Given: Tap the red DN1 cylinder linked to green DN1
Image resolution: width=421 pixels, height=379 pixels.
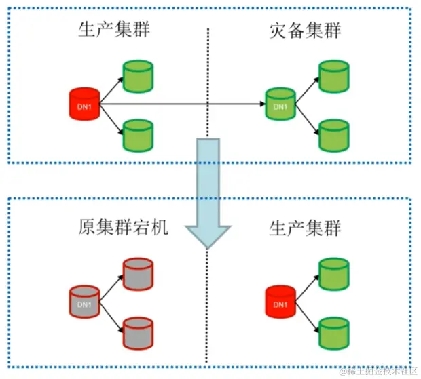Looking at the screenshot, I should (86, 106).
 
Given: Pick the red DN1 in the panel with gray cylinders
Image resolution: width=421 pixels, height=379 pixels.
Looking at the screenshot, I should (279, 302).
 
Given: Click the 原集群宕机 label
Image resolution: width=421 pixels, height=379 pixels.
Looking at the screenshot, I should (122, 227).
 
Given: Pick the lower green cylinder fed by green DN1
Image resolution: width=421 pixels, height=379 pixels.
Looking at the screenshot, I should (333, 135).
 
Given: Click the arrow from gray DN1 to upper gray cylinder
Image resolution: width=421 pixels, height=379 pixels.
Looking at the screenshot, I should (111, 284).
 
